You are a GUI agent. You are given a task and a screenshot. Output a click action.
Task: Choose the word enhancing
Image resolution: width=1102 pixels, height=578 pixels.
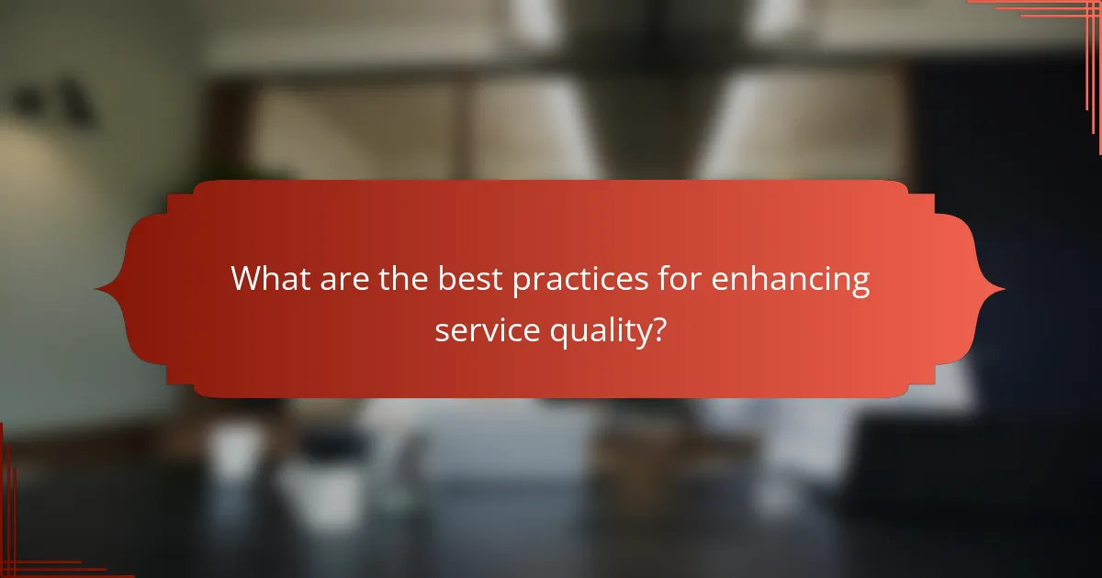click(x=793, y=281)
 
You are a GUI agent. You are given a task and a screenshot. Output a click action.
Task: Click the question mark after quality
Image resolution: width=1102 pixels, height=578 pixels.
click(x=658, y=329)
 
